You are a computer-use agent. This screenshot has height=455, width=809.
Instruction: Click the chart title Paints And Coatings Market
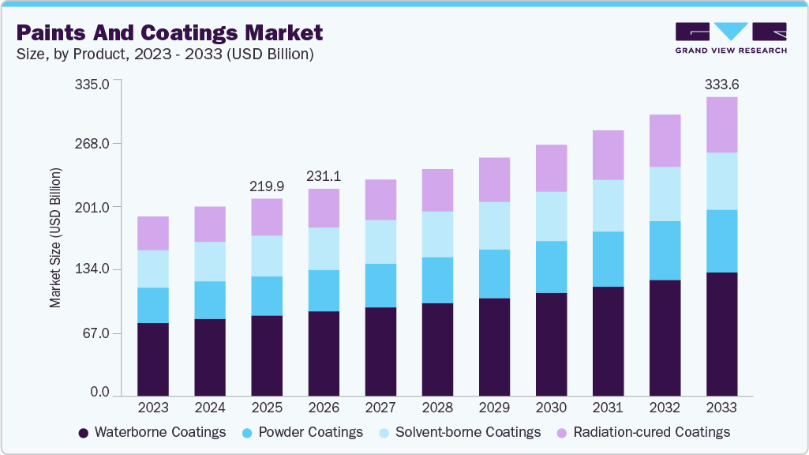click(x=169, y=32)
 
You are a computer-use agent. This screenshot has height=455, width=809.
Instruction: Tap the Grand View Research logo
click(x=730, y=38)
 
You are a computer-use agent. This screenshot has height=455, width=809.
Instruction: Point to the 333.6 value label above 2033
click(x=721, y=84)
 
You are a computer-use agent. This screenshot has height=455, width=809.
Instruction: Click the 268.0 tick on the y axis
click(x=93, y=144)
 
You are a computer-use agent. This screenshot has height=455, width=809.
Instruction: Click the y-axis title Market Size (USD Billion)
click(x=55, y=238)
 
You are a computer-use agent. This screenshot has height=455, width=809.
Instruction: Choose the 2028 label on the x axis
click(x=437, y=408)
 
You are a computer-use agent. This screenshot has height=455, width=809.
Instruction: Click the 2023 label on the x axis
click(x=153, y=408)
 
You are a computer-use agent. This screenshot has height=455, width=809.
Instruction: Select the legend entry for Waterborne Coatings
click(x=152, y=432)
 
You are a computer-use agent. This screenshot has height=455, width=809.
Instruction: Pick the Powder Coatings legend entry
click(x=302, y=432)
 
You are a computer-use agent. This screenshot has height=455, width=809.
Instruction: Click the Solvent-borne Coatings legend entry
click(x=459, y=432)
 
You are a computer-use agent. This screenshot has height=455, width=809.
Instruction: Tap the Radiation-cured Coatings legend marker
click(x=562, y=433)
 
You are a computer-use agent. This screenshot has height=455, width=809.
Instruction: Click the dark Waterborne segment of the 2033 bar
click(x=721, y=333)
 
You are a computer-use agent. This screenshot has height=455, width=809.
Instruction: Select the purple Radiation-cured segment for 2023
click(x=153, y=233)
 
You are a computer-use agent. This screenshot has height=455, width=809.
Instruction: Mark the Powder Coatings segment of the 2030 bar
click(x=551, y=267)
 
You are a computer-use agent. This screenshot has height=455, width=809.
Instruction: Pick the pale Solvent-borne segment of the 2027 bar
click(x=380, y=242)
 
